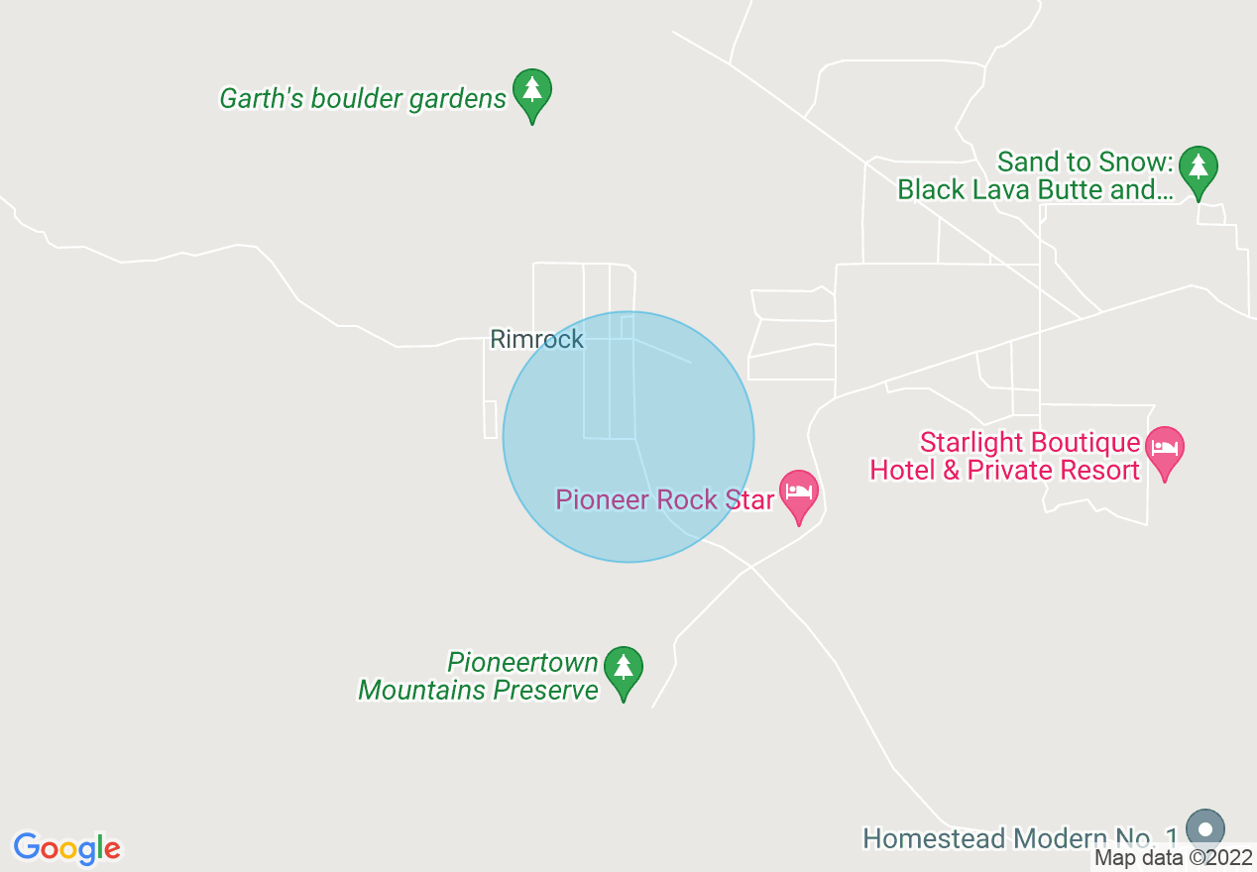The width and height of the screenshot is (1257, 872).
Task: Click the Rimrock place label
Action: click(536, 340)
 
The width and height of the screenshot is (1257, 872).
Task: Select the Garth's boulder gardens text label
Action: click(363, 99)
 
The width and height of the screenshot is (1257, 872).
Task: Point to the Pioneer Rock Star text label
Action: click(664, 499)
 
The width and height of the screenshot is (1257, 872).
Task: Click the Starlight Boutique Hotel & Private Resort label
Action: click(1005, 456)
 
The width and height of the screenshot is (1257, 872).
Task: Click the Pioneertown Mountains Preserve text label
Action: click(479, 676)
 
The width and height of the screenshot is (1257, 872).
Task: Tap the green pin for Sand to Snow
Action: click(1199, 169)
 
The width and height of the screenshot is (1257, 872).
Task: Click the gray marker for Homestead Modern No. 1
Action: click(1205, 829)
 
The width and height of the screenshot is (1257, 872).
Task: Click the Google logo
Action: click(67, 848)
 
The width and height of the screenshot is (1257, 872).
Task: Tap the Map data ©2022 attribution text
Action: click(1174, 858)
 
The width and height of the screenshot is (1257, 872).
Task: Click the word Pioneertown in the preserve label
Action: click(523, 662)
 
